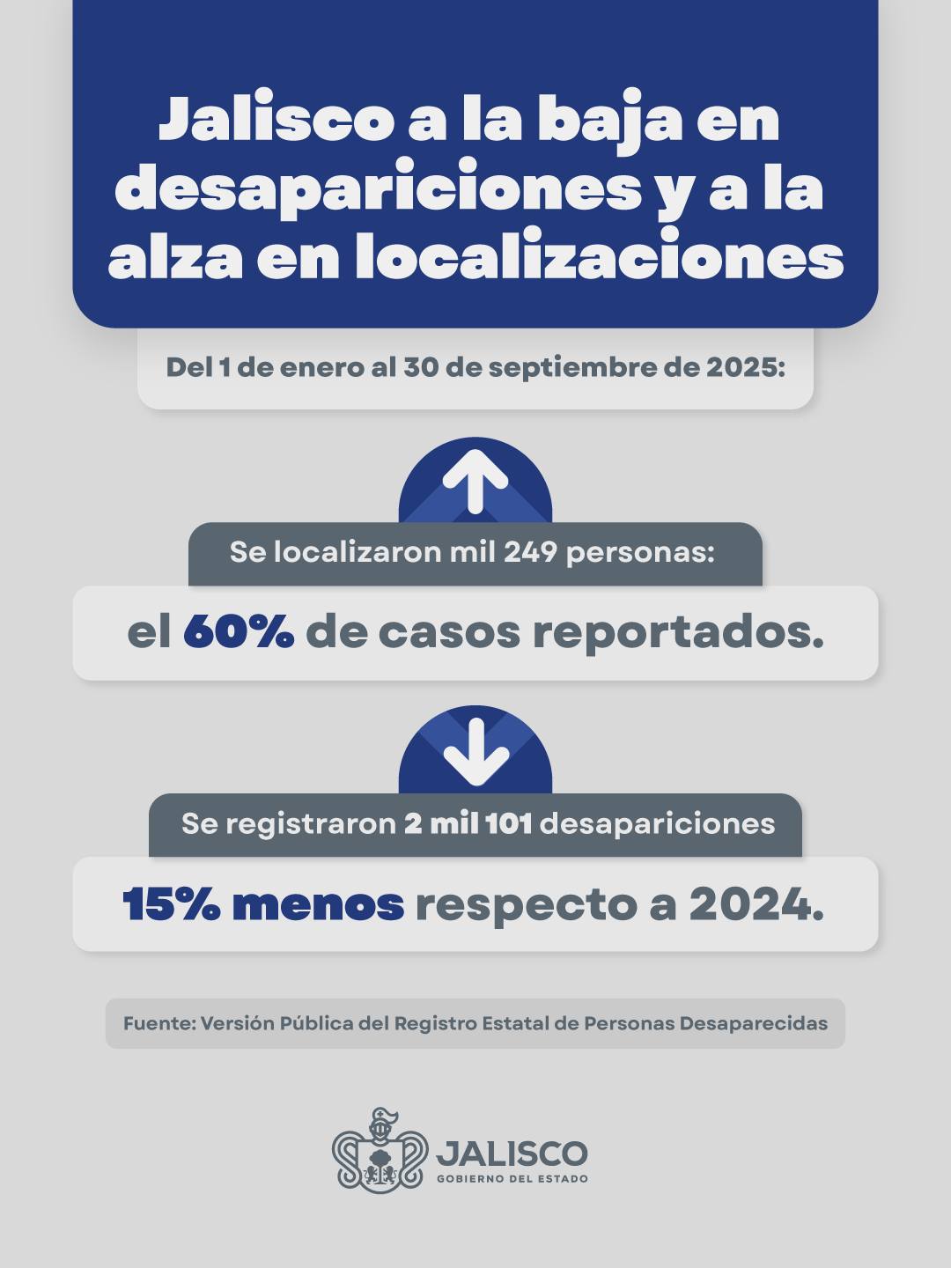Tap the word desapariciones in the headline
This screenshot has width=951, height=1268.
click(x=379, y=188)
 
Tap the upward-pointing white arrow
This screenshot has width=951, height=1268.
click(x=475, y=481)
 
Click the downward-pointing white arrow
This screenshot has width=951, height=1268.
click(x=475, y=751)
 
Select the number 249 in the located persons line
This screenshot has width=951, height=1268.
click(x=531, y=552)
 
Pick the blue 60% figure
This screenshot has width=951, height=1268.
click(x=239, y=632)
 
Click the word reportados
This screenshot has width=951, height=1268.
click(x=678, y=632)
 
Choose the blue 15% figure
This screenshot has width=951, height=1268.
click(x=171, y=904)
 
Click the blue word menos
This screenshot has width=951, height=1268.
click(x=318, y=904)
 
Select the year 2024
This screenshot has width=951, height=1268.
click(x=756, y=904)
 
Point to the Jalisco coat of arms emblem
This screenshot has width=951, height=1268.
click(x=380, y=1150)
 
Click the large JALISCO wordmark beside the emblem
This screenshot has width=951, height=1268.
click(x=512, y=1152)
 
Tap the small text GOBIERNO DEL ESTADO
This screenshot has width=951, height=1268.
click(x=512, y=1178)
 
